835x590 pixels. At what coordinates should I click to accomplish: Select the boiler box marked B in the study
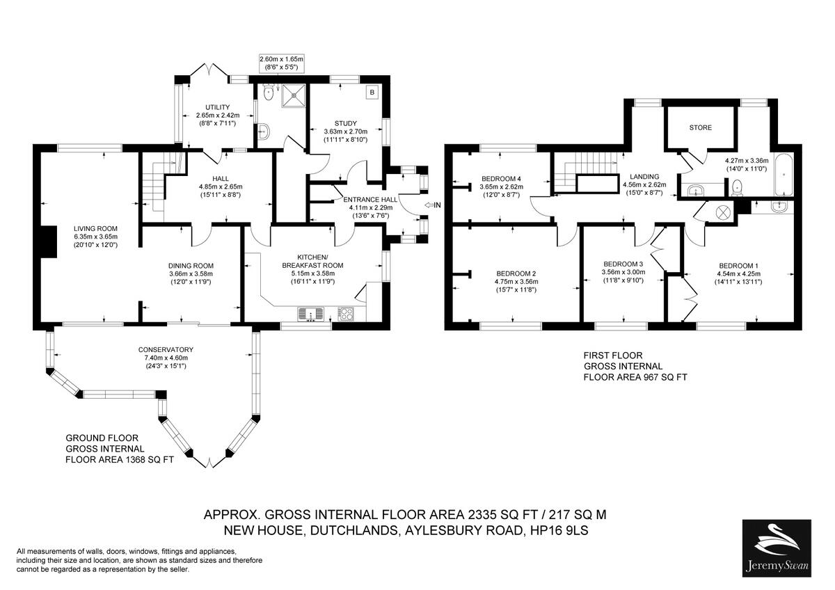click(372, 92)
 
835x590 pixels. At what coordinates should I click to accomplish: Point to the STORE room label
click(700, 128)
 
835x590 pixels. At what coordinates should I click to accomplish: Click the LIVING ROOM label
click(97, 228)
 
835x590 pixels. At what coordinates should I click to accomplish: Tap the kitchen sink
click(312, 314)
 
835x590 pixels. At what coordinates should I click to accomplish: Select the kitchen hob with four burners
click(346, 314)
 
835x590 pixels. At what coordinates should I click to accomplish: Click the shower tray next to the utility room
click(294, 97)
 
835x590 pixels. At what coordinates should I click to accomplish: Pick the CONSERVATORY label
click(166, 349)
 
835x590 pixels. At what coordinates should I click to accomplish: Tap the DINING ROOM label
click(190, 266)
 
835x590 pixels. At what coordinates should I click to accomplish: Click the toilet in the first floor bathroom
click(738, 186)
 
